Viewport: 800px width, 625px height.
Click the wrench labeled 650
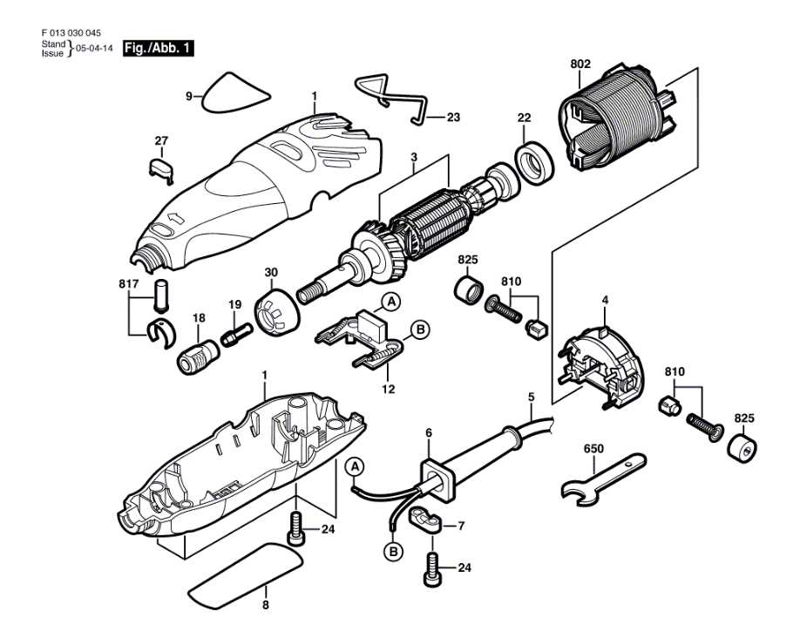coord(601,477)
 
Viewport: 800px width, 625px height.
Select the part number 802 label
coord(580,64)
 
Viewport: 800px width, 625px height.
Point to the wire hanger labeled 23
coord(392,96)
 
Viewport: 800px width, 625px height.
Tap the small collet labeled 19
coord(237,335)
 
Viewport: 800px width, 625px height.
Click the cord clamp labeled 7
coord(426,520)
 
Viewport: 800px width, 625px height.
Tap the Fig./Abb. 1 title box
coord(158,48)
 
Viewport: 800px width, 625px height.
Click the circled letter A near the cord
coord(354,468)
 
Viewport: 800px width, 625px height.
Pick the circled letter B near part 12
coord(420,329)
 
